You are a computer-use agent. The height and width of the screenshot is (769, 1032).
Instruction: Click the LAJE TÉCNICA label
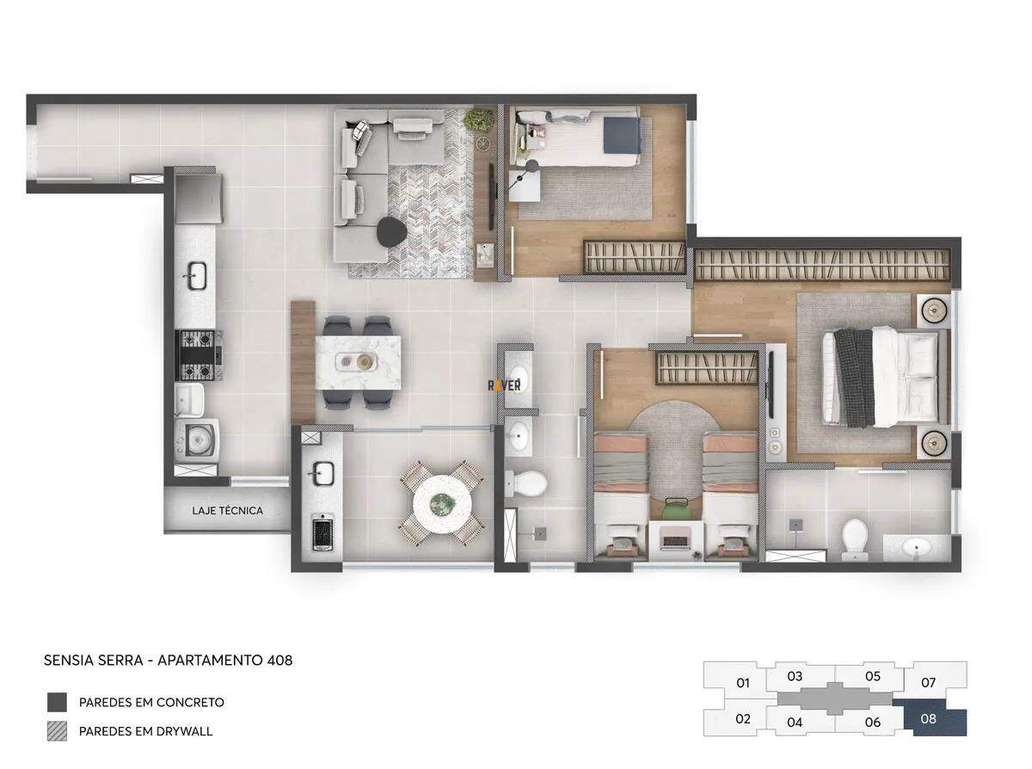tap(228, 511)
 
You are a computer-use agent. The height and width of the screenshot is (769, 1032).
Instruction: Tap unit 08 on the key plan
tap(928, 719)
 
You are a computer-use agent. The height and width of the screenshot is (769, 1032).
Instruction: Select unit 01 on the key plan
tap(742, 683)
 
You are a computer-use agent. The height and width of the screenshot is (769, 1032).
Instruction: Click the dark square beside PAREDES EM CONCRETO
tap(57, 702)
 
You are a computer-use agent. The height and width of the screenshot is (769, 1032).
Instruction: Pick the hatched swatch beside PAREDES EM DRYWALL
tap(57, 731)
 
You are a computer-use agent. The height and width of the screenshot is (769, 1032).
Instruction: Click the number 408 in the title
tap(279, 660)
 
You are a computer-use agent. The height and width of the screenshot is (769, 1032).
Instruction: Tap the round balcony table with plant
tap(441, 504)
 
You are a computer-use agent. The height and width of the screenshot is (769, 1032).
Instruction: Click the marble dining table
tap(359, 362)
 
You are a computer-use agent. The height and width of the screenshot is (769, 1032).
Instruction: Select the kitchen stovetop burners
tap(198, 354)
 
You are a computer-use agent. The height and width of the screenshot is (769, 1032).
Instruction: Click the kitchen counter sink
tap(197, 275)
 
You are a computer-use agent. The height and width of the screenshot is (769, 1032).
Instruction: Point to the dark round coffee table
tap(392, 231)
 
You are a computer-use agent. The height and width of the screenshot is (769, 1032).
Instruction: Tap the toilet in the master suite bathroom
tap(855, 538)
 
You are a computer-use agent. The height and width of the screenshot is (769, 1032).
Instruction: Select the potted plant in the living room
tap(479, 120)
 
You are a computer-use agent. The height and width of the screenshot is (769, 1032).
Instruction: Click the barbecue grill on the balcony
tap(322, 532)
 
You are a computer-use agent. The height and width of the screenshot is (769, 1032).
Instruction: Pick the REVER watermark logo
tap(504, 385)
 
